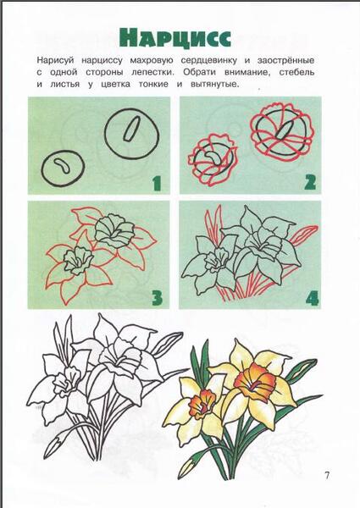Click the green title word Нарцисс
pos(175,38)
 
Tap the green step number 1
pos(157,183)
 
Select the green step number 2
pos(310,182)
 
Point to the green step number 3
pos(157,298)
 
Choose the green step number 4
pos(312,298)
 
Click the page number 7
pos(327,476)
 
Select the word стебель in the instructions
pos(296,72)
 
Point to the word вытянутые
pos(215,85)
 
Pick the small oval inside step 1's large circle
pos(132,129)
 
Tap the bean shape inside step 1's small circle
pos(62,166)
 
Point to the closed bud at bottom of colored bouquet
pos(187,467)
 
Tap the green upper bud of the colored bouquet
pos(302,371)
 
